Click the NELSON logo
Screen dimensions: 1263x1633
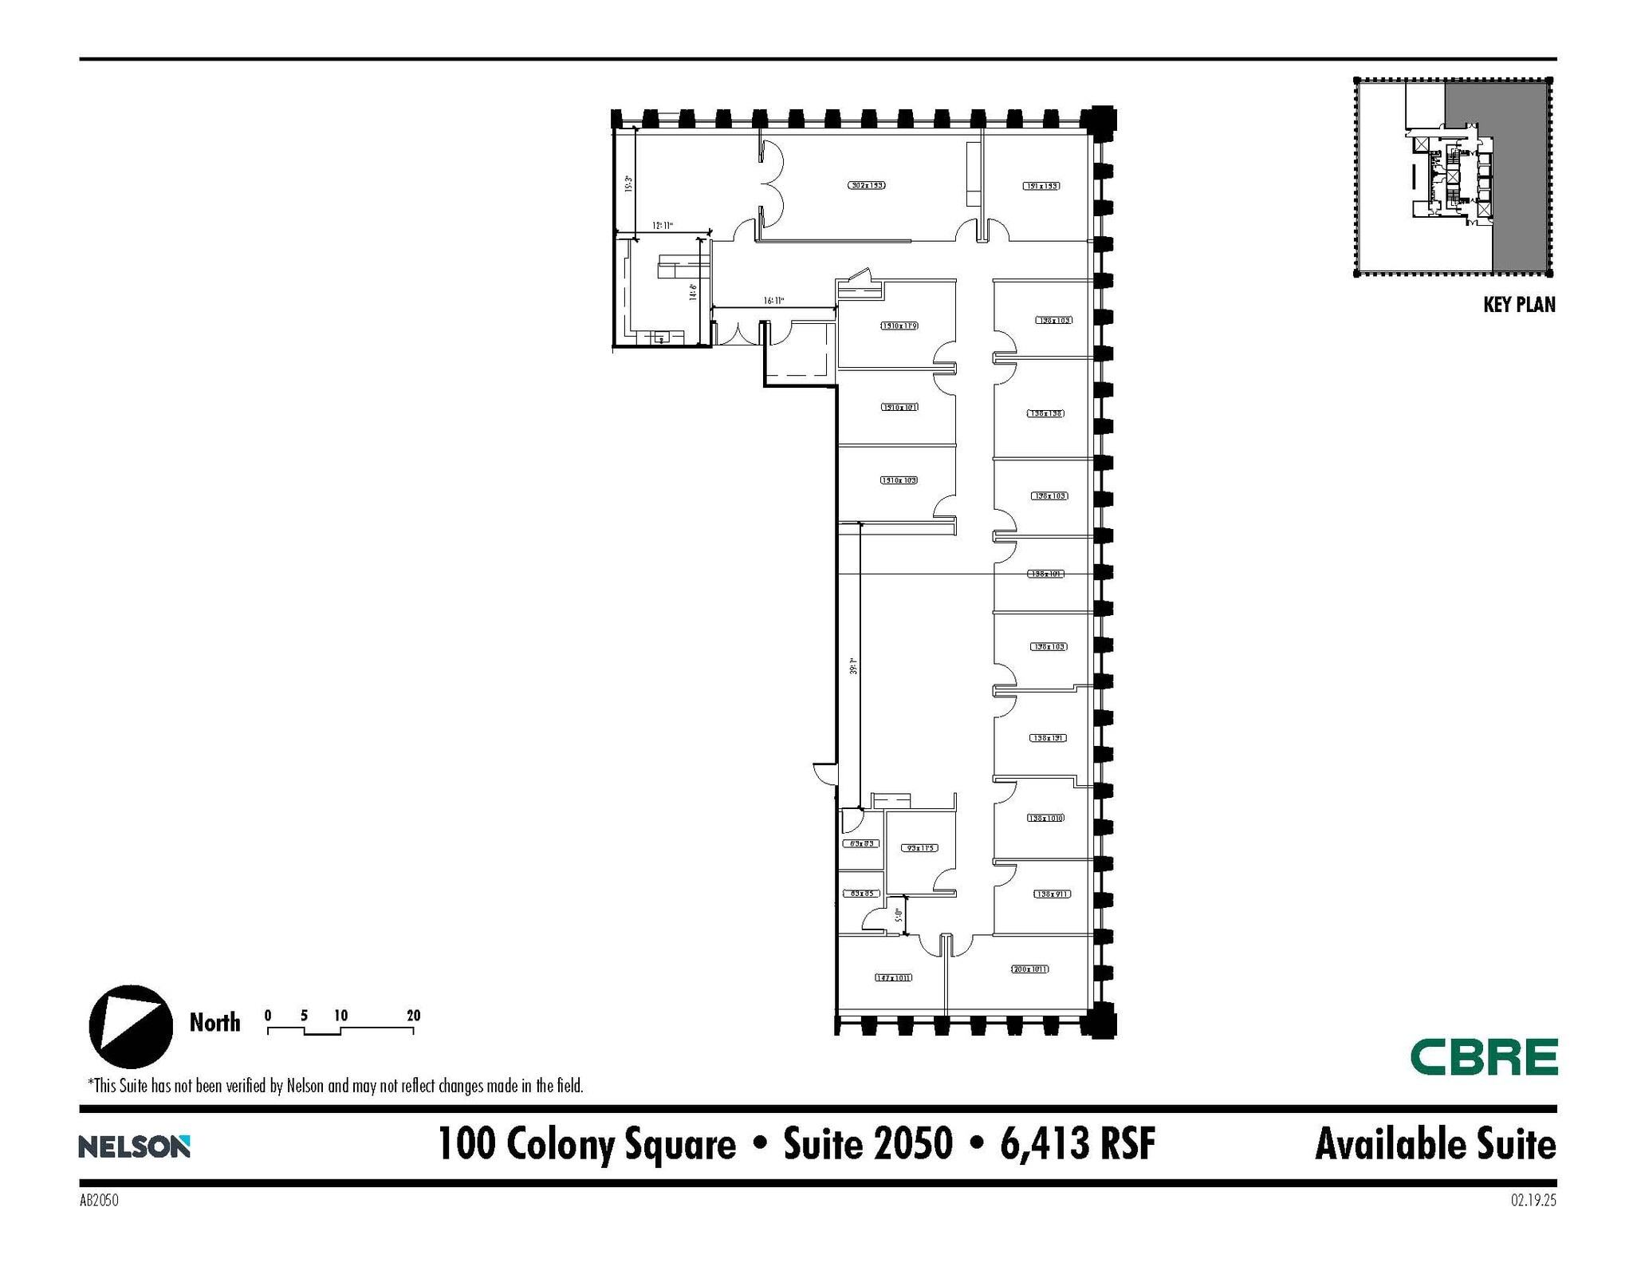(134, 1147)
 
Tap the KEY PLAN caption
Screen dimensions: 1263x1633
(1518, 305)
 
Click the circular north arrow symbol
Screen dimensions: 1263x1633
(131, 1026)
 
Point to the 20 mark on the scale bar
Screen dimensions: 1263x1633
(413, 1016)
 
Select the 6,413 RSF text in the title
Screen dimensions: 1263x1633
(1077, 1143)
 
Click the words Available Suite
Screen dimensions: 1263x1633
(1434, 1144)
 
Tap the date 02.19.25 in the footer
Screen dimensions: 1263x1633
(1533, 1200)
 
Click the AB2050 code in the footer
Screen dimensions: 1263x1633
(99, 1200)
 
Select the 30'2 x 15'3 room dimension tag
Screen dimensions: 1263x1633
(866, 185)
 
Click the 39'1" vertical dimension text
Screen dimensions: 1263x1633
(853, 666)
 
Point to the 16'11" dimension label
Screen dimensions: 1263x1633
(773, 301)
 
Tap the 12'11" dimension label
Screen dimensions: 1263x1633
(663, 226)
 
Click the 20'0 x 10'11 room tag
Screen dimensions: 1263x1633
(1029, 969)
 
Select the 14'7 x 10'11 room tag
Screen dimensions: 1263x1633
(893, 977)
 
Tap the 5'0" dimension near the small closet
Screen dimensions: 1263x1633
(899, 915)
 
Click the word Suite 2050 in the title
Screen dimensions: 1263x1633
(868, 1143)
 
